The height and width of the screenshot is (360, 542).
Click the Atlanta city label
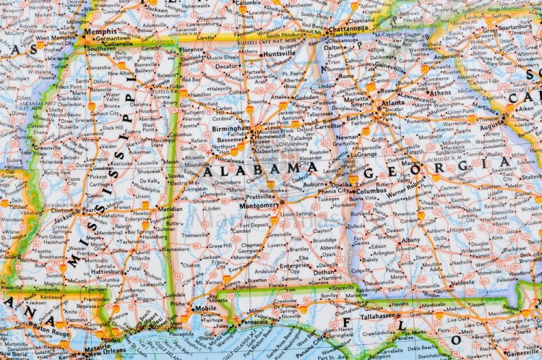pyautogui.click(x=393, y=103)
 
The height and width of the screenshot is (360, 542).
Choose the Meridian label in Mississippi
pyautogui.click(x=171, y=209)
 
